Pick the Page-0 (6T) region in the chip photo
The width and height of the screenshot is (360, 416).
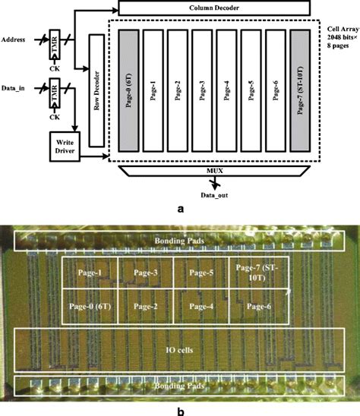90,306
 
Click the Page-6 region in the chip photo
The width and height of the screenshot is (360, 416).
258,306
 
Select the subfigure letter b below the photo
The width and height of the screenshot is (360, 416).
179,408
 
